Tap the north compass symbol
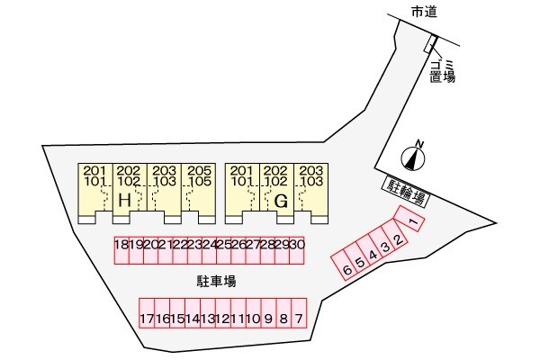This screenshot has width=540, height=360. click(414, 157)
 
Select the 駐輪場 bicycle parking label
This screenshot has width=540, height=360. click(405, 190)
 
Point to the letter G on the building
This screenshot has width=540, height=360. click(281, 201)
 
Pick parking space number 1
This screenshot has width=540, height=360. click(410, 220)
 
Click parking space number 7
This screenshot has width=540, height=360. click(299, 319)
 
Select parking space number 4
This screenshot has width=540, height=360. click(372, 253)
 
